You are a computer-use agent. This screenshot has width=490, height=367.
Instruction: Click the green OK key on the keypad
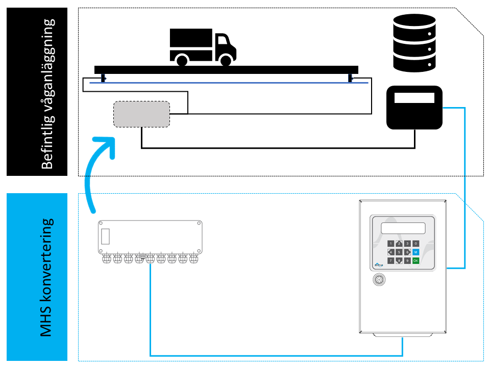coord(415,260)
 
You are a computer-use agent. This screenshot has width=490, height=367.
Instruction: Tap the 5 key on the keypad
coord(399,252)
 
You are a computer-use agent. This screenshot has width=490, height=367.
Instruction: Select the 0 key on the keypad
coord(415,244)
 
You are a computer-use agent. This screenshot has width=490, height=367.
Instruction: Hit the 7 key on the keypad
coord(390,260)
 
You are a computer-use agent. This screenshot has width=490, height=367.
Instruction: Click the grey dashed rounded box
coord(141,114)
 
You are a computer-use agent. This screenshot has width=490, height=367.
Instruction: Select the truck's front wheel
coord(226,60)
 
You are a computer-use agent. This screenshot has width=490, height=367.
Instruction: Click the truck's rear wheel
coord(181,60)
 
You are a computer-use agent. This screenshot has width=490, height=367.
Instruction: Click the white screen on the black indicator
coord(414,98)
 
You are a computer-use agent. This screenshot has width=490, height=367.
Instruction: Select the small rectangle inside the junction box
coord(106,237)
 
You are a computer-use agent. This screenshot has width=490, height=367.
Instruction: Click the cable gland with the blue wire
coord(151,259)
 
